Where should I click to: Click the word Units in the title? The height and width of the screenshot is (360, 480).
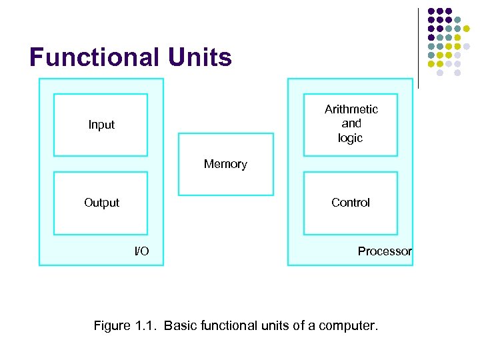pos(199,58)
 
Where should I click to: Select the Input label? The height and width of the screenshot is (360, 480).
pos(101,125)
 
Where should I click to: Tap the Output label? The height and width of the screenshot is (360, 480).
pos(101,203)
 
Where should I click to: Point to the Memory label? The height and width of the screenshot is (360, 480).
pos(225,164)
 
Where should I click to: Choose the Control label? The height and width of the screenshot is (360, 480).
pos(350,203)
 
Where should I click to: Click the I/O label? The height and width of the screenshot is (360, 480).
pos(141,251)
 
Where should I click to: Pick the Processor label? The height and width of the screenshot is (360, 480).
pos(385,251)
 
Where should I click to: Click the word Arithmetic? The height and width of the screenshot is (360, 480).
pos(351,109)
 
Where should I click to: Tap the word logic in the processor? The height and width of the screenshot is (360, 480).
pos(350,139)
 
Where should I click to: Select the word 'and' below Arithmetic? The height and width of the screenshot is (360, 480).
pos(351,124)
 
